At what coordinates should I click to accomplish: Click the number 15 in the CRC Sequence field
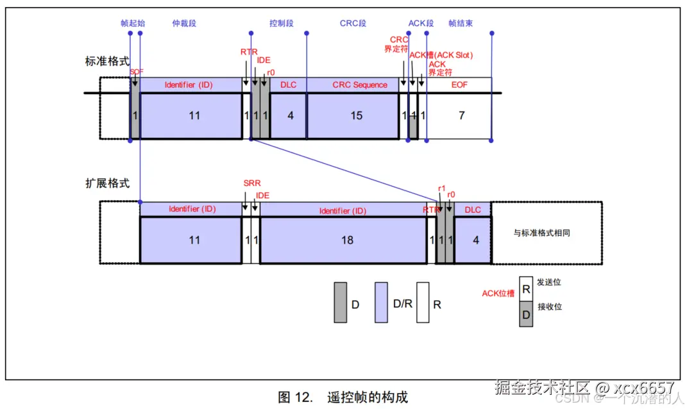pos(356,115)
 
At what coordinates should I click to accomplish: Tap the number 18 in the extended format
pos(347,240)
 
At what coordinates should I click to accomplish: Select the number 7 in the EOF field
pos(461,115)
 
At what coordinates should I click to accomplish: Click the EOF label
pos(460,85)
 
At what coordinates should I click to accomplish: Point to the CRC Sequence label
pos(360,85)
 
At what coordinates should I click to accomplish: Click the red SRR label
pos(252,183)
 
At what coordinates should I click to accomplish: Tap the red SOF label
pos(136,72)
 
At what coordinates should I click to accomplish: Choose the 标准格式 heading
pos(107,62)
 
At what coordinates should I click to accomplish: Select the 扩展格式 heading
pos(107,183)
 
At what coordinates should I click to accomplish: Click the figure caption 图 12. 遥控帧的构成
pos(343,397)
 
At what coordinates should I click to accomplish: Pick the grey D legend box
pos(340,302)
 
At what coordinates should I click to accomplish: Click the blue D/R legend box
pos(382,302)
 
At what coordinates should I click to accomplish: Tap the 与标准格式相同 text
pos(542,233)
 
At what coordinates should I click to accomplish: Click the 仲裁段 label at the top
pos(184,24)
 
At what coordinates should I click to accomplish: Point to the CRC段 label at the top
pos(353,24)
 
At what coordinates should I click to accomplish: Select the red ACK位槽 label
pos(498,294)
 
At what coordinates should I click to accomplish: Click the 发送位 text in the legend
pos(549,283)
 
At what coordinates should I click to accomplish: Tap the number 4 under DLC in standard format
pos(291,115)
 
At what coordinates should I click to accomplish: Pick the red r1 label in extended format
pos(441,188)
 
